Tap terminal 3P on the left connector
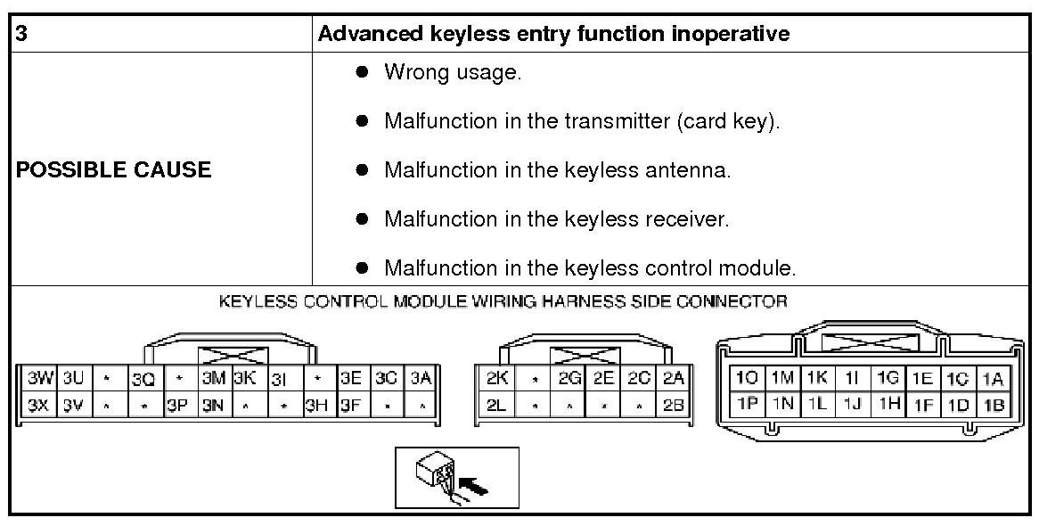(177, 406)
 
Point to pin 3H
(316, 406)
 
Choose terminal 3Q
(143, 378)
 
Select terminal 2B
(674, 406)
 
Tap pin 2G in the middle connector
(570, 378)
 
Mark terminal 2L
(497, 406)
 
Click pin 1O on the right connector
(746, 378)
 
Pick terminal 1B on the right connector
(994, 406)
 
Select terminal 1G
(887, 378)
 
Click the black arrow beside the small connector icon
(477, 487)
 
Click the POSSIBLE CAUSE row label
(114, 170)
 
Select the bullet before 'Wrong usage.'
(363, 72)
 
